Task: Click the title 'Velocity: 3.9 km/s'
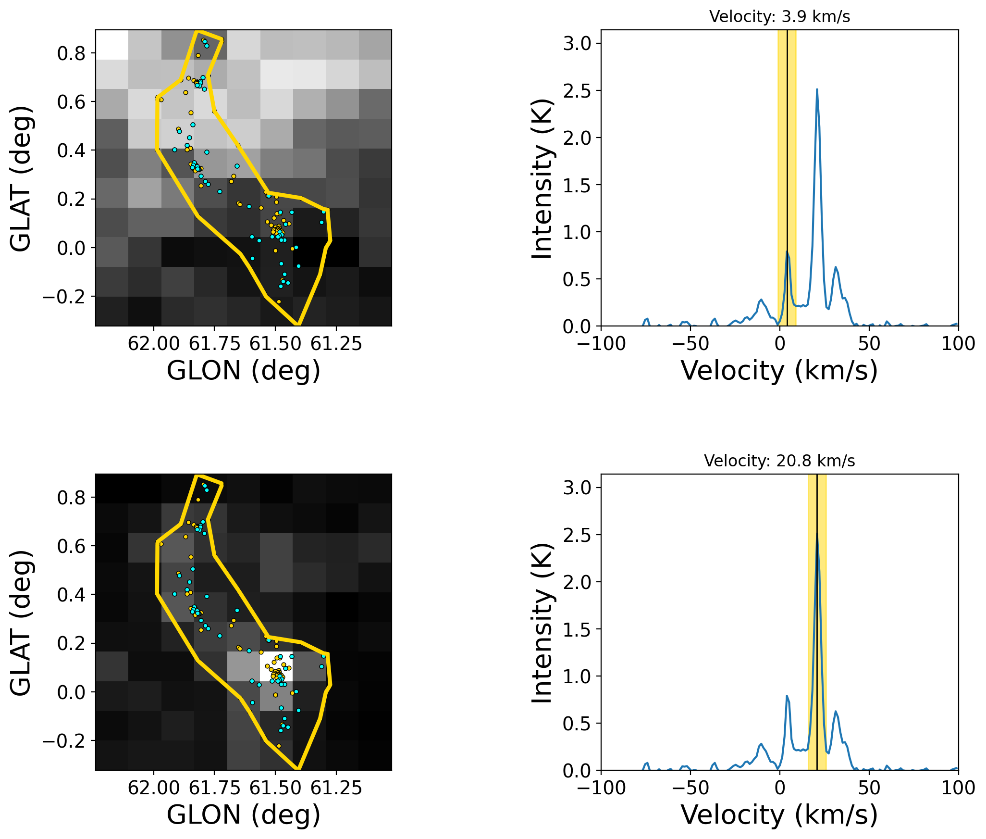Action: click(x=779, y=17)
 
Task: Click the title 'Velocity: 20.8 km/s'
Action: click(x=779, y=461)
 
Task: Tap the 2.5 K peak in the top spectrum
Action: click(x=817, y=89)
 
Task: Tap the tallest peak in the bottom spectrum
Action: click(x=817, y=534)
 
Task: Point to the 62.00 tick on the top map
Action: click(x=154, y=344)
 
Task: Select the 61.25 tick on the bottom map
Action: click(x=336, y=788)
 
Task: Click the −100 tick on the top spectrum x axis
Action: click(x=601, y=344)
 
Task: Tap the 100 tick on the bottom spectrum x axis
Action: click(x=959, y=788)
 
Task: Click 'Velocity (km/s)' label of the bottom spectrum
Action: click(x=779, y=815)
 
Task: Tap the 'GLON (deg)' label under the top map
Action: click(x=244, y=371)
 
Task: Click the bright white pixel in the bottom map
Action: click(x=276, y=666)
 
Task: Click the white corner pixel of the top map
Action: click(x=112, y=45)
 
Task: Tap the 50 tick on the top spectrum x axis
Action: click(x=869, y=344)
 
